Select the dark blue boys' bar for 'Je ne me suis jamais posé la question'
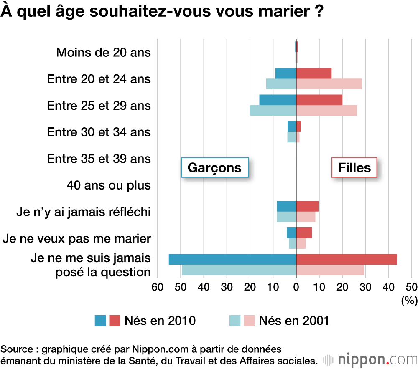[232, 259]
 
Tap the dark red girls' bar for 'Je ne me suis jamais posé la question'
[346, 259]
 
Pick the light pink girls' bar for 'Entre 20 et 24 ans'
[329, 84]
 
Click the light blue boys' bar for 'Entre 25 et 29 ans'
[273, 111]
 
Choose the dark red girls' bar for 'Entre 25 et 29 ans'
[319, 100]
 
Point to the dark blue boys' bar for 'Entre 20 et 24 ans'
[285, 73]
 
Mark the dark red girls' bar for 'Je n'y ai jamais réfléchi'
[307, 206]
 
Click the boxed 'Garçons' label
[215, 168]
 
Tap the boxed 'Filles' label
[354, 168]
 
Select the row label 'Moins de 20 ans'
[103, 53]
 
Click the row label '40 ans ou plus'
[108, 185]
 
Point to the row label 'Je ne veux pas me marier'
[76, 238]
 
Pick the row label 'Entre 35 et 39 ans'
[99, 159]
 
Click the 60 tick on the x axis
[157, 287]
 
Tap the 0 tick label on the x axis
[296, 287]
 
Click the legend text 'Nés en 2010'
[160, 321]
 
